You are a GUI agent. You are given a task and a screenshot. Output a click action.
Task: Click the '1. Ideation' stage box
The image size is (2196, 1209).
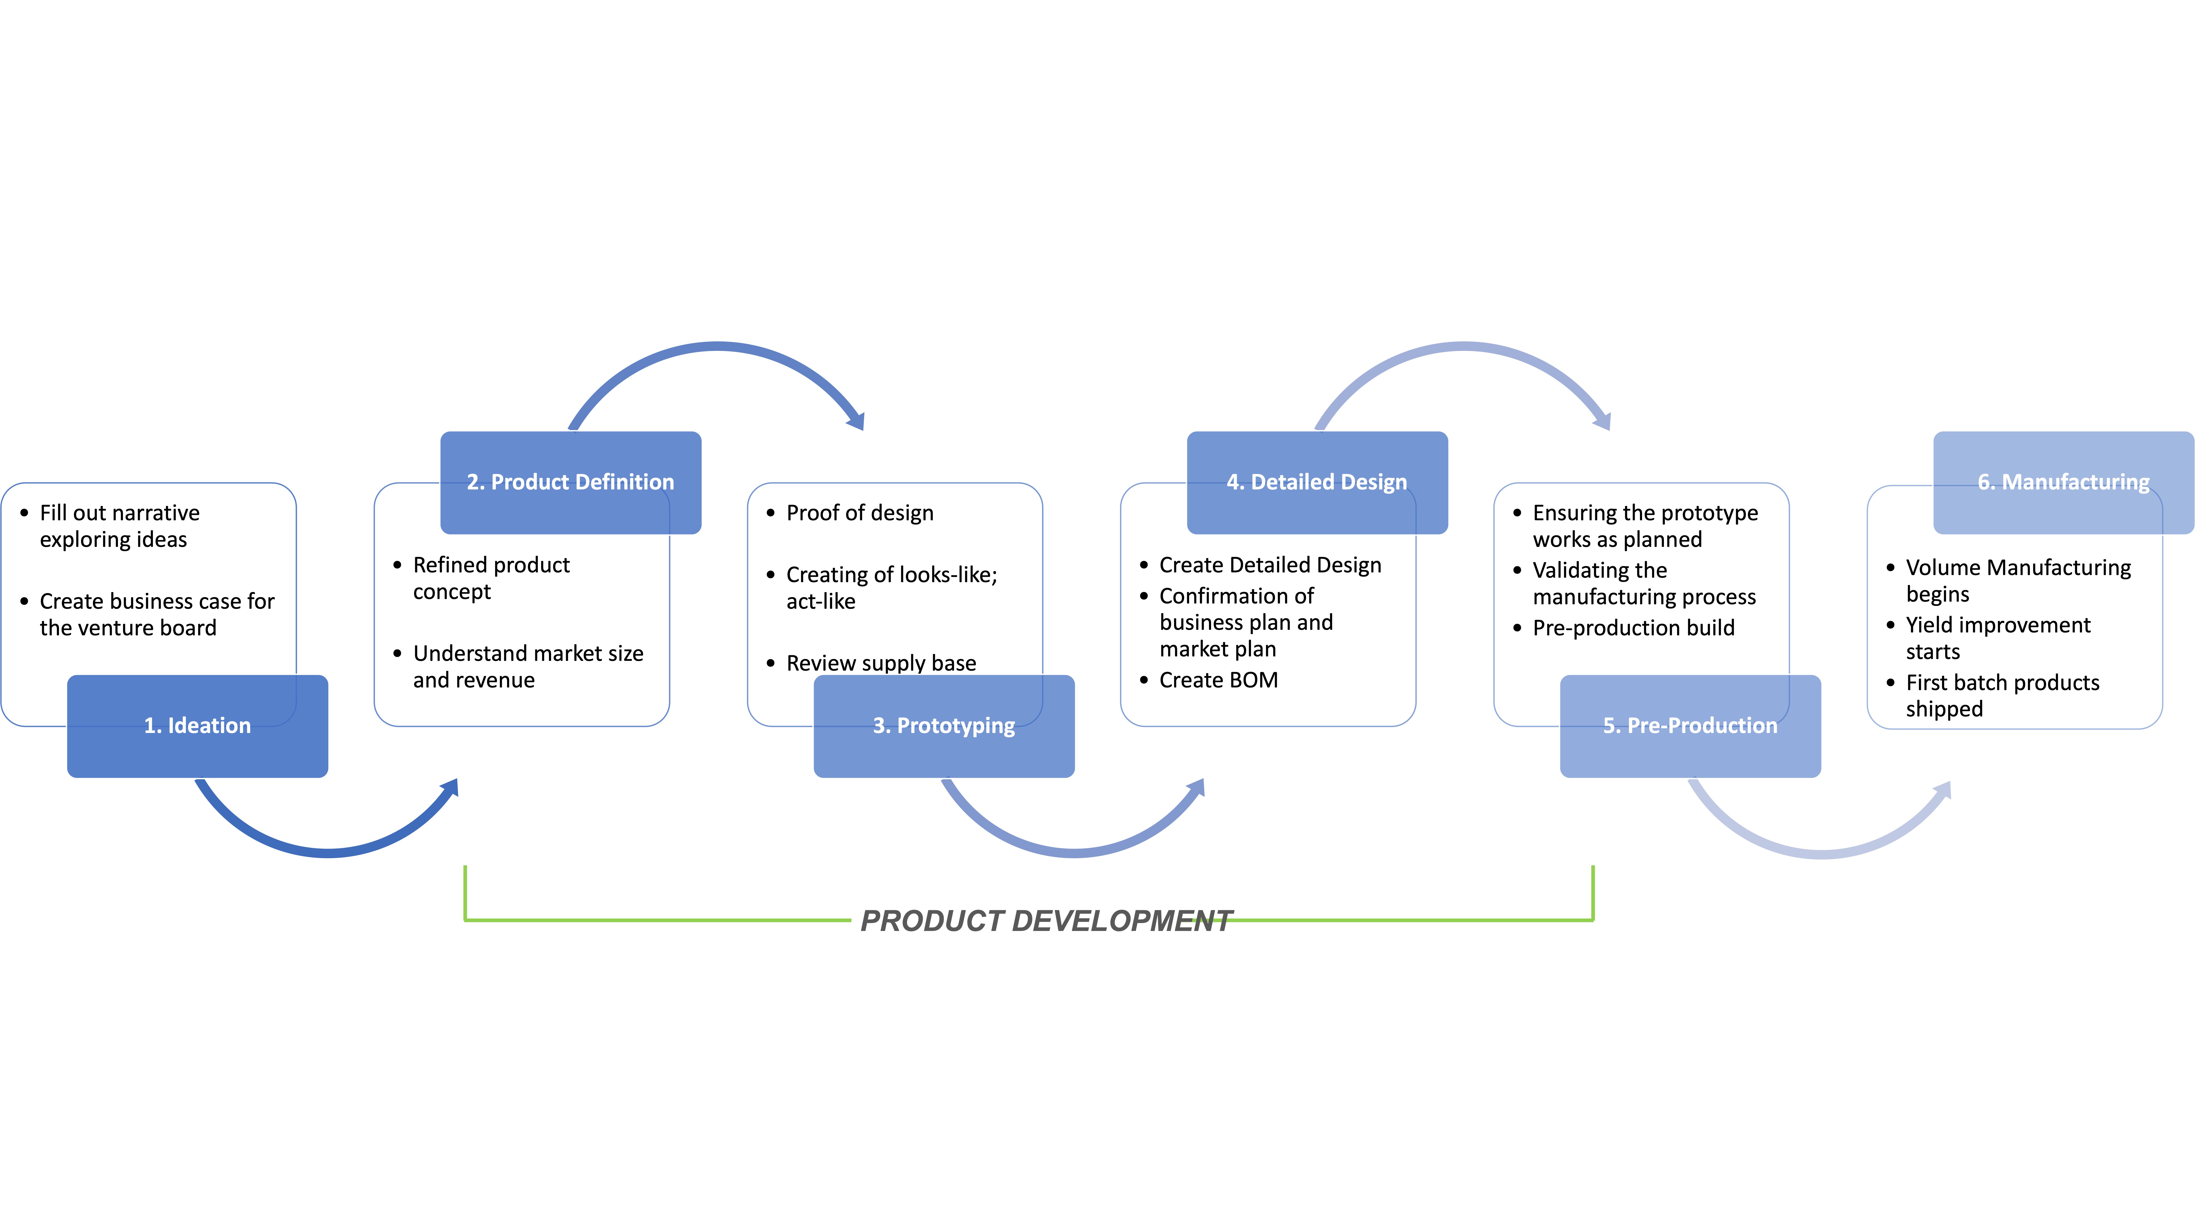[x=197, y=726]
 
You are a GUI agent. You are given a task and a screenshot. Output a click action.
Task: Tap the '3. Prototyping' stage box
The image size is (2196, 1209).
[x=944, y=726]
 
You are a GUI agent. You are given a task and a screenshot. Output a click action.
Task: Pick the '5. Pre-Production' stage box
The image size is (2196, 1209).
[x=1691, y=726]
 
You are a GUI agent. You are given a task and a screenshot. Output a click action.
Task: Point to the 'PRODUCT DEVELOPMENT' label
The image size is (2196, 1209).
[x=1046, y=921]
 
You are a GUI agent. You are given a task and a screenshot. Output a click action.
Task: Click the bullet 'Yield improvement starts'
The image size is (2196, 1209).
[x=1997, y=638]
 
